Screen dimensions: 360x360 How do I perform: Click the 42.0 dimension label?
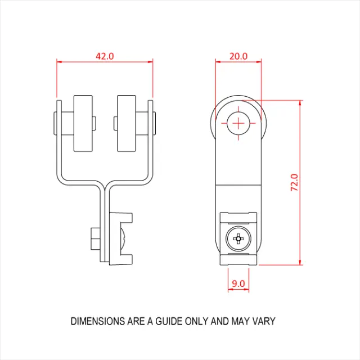(105, 56)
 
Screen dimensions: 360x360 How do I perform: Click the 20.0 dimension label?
(238, 56)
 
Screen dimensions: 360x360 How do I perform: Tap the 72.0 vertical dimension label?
(294, 183)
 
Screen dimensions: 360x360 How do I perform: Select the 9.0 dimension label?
(238, 283)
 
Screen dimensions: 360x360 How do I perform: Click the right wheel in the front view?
(128, 123)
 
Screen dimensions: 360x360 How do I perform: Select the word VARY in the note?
(263, 322)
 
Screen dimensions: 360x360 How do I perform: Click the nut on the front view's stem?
(94, 239)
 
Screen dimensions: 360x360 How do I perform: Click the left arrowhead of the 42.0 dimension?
(58, 61)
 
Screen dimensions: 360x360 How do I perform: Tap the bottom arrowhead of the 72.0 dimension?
(300, 262)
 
